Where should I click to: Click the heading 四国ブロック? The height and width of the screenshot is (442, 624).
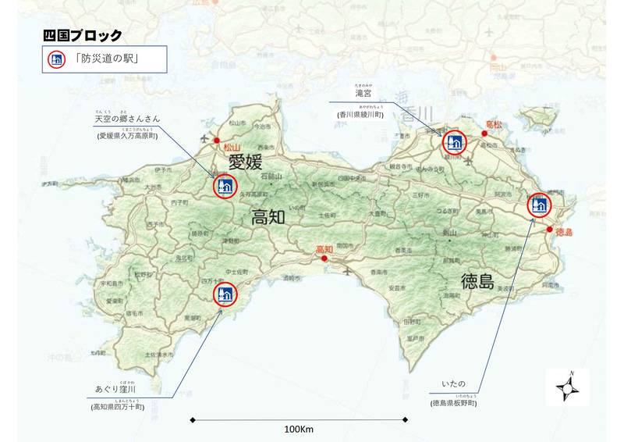(82, 35)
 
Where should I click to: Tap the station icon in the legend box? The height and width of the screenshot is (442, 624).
(56, 59)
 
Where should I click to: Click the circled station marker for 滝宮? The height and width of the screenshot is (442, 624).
(455, 142)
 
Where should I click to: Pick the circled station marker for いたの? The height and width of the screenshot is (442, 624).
(538, 205)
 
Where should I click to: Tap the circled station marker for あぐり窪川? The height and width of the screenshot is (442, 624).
(225, 294)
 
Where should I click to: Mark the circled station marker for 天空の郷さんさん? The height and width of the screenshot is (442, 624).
(225, 186)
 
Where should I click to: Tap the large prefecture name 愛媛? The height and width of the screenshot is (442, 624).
(247, 162)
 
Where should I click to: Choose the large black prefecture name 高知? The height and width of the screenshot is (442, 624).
(270, 218)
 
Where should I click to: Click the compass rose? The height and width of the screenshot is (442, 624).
(569, 385)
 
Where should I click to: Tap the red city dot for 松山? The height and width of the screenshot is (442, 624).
(216, 141)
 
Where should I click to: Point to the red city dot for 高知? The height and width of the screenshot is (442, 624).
(324, 258)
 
